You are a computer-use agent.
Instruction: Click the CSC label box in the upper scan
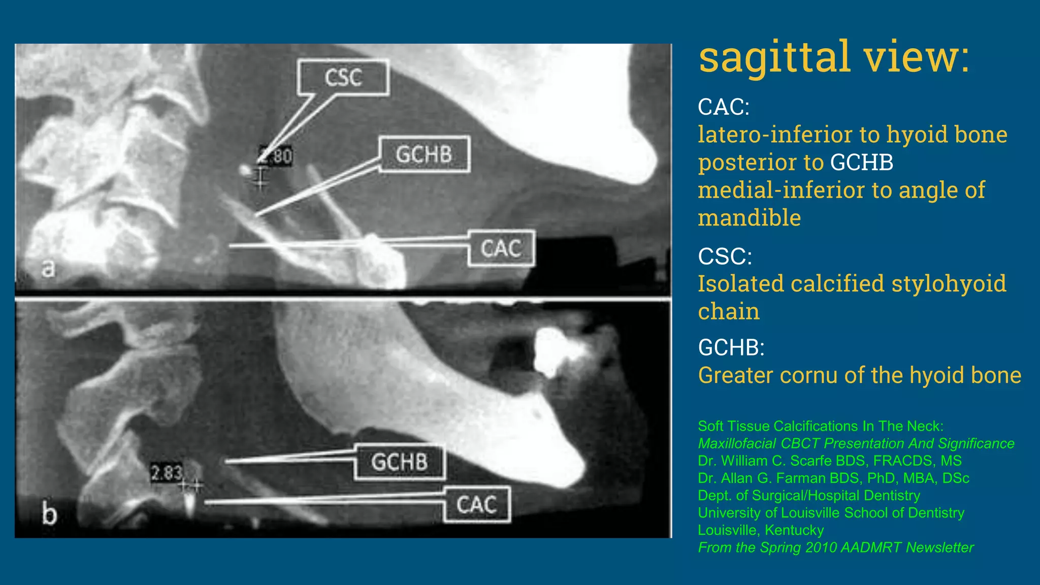343,78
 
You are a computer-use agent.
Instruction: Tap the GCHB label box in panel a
424,154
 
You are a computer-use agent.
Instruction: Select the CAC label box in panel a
501,248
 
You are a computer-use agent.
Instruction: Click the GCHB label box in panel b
399,462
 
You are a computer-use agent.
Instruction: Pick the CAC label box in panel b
476,505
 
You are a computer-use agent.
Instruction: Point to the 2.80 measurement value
276,155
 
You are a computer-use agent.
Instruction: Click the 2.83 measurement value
167,473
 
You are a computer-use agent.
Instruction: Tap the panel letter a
48,268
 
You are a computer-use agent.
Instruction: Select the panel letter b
49,514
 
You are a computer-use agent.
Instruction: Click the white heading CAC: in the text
723,107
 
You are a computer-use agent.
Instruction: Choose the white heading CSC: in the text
725,256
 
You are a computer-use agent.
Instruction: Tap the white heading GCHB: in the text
731,348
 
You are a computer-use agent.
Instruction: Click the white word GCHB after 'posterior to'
862,162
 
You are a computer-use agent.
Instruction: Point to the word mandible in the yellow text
749,218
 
